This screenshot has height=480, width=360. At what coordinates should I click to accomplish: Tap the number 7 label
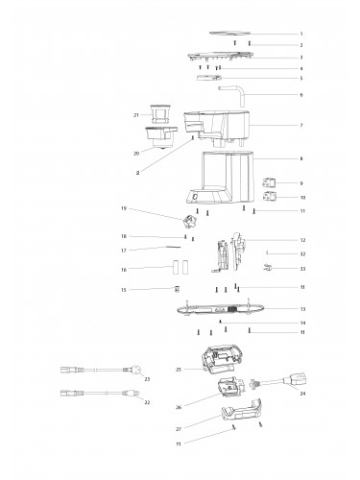tap(300, 127)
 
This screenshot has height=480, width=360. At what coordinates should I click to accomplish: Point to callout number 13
tap(302, 309)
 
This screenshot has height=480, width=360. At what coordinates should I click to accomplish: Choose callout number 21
tap(136, 115)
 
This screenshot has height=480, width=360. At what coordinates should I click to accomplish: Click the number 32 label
tap(301, 253)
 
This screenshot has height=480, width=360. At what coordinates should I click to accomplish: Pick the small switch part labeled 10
tap(272, 197)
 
